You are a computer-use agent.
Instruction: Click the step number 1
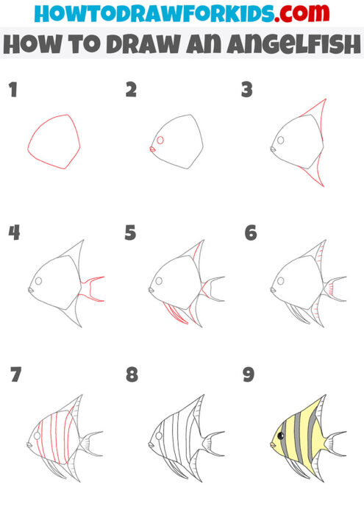13,90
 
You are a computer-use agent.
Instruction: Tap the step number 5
130,233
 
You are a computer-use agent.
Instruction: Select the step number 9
248,375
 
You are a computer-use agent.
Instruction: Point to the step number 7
15,375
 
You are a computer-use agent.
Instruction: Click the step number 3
247,90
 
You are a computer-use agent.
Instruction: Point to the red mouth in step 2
153,149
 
